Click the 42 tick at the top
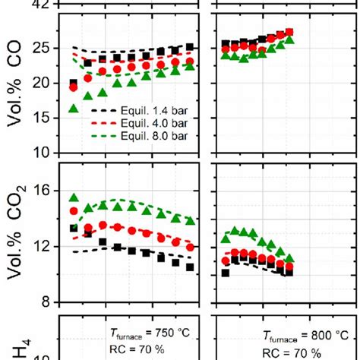(x=48, y=4)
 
